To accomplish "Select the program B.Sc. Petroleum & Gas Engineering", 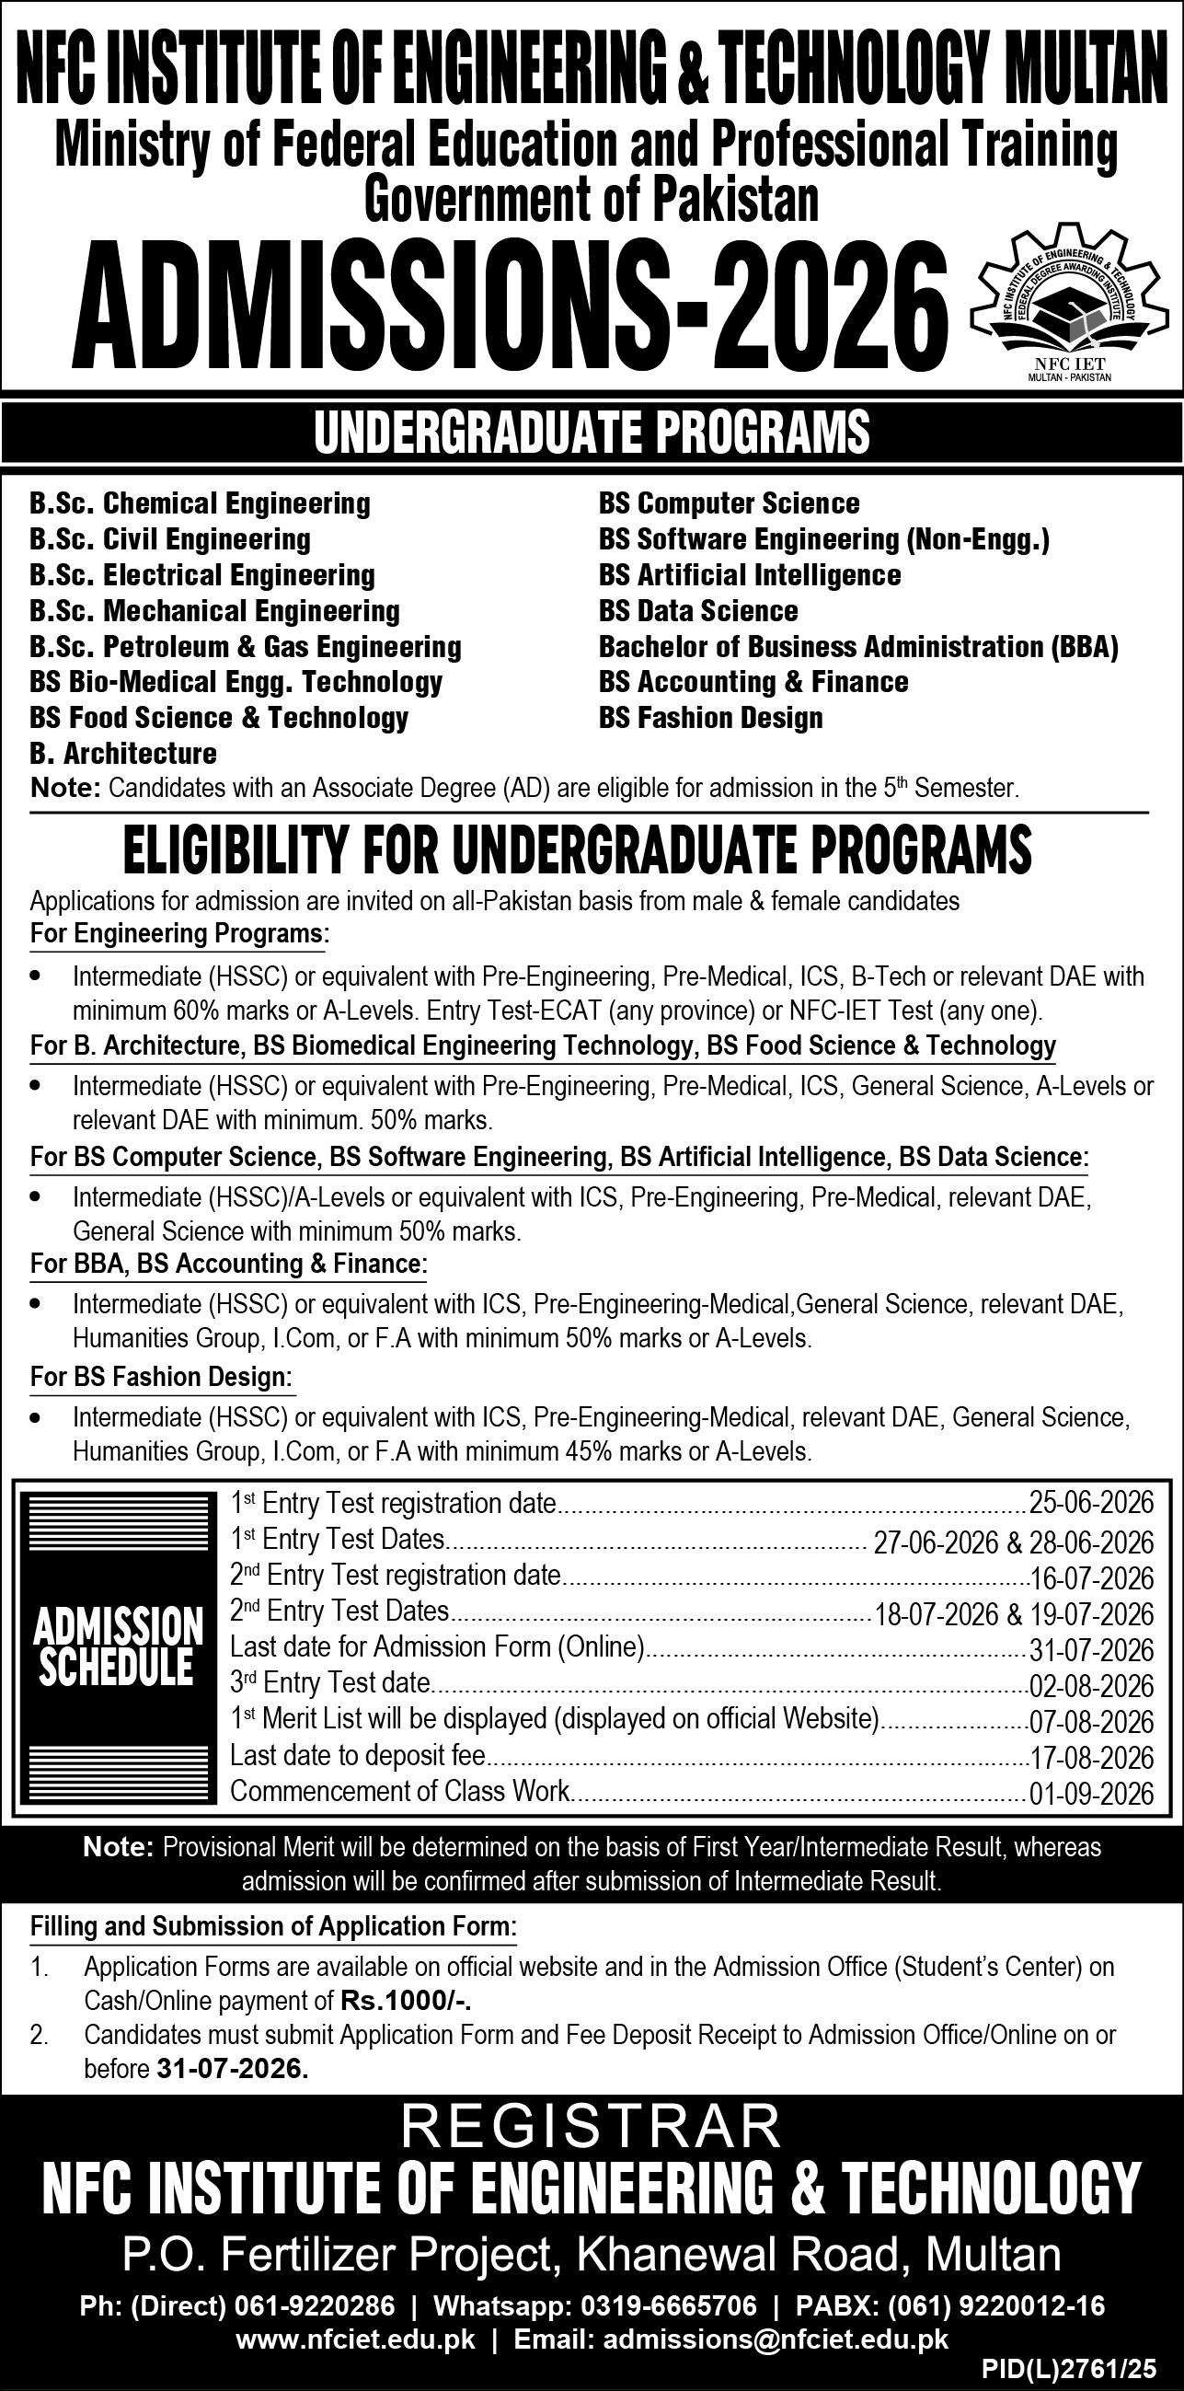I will [245, 647].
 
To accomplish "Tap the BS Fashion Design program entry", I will [711, 718].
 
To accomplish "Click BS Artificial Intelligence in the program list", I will [750, 575].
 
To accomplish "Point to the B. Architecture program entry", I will [123, 753].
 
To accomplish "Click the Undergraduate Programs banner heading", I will [592, 433].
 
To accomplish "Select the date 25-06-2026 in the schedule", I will [1091, 1503].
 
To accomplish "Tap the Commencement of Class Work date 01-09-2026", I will [1091, 1792].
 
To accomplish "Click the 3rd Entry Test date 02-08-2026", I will [1091, 1685].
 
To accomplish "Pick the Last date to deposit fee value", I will [1091, 1757].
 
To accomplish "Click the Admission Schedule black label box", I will [118, 1647].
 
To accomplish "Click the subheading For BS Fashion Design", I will [162, 1377].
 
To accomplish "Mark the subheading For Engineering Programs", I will [178, 933].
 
